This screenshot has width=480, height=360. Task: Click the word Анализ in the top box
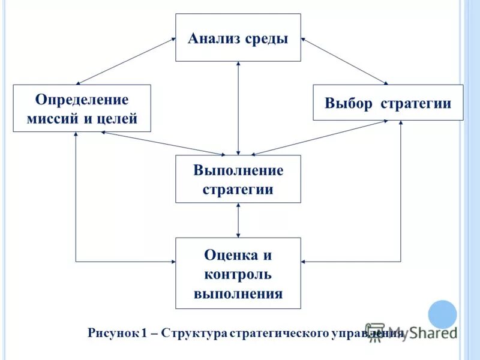point(214,39)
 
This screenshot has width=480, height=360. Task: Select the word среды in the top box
point(266,40)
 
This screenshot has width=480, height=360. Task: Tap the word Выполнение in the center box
point(238,170)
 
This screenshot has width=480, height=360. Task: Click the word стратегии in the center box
point(238,190)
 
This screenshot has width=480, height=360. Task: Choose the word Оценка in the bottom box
point(230,254)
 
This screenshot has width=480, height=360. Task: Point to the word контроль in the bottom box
point(238,274)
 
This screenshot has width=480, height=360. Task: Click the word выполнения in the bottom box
point(238,294)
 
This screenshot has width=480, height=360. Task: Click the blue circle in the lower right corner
point(442,314)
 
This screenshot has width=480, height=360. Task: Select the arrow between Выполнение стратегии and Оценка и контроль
point(239,220)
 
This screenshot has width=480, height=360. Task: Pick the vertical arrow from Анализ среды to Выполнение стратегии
point(239,108)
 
